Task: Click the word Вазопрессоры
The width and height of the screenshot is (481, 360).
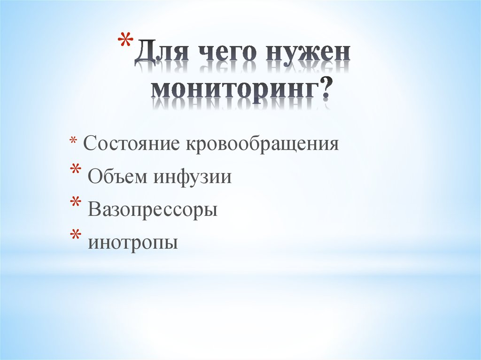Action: click(152, 210)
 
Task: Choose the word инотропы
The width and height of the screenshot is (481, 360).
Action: click(133, 243)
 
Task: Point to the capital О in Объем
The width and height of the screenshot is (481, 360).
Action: click(93, 176)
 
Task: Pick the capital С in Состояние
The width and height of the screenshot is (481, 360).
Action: click(89, 144)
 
